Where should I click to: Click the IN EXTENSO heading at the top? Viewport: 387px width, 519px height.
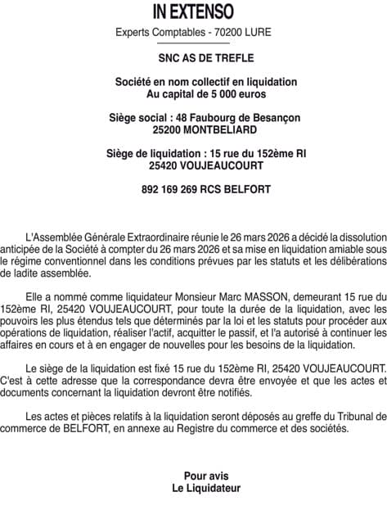(193, 12)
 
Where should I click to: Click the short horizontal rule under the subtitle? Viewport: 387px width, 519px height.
(194, 43)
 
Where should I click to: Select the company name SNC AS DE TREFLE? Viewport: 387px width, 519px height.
(194, 58)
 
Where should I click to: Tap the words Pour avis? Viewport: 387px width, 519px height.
(206, 476)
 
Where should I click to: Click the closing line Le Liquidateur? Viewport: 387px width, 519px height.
(206, 488)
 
